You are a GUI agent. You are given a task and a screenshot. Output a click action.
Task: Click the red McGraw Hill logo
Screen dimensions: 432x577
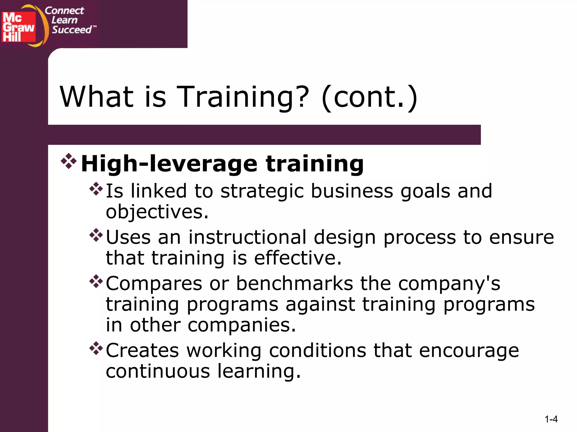click(x=19, y=27)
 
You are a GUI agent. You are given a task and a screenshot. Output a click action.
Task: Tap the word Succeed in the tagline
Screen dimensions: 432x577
click(x=72, y=30)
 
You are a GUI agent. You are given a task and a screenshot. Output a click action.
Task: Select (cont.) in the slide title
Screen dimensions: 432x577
click(x=369, y=97)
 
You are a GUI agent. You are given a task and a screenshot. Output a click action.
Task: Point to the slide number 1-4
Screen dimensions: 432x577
click(x=551, y=419)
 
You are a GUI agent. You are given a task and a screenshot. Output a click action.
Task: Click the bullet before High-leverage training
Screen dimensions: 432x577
click(x=68, y=161)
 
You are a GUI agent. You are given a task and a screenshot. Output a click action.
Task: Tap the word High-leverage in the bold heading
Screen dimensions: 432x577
click(x=169, y=164)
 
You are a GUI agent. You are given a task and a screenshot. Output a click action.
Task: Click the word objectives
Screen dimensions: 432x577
click(x=157, y=212)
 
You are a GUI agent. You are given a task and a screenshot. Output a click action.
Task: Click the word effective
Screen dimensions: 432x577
click(x=298, y=258)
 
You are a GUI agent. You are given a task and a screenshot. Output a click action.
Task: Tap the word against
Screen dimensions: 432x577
click(x=320, y=305)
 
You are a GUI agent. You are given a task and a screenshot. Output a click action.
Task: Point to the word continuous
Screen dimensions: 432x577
click(x=158, y=371)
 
